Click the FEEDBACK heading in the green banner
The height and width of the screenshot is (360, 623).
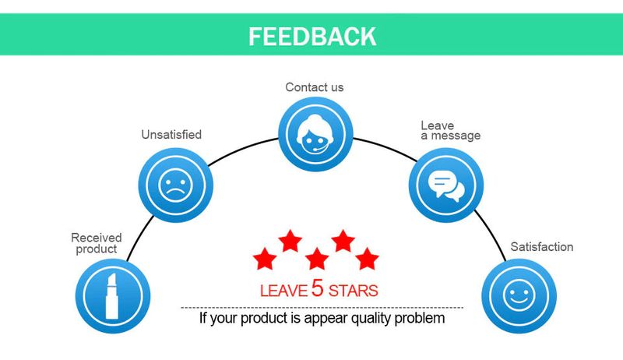coord(312,36)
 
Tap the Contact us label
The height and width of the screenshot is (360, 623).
coord(314,87)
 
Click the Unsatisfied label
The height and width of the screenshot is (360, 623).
coord(171,135)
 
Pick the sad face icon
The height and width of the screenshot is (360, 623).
coord(174,185)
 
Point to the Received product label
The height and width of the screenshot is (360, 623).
coord(97,243)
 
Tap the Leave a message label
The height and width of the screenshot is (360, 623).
coord(450,130)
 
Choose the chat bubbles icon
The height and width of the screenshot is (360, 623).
coord(446,185)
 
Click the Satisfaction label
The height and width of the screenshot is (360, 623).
coord(541,247)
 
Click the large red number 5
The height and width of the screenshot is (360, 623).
coord(317,288)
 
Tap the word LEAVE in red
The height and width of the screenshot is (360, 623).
coord(283,291)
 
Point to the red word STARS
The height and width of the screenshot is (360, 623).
coord(353,291)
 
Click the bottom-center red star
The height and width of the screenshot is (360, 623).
coord(316,258)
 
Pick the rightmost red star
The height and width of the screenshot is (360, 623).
coord(367,258)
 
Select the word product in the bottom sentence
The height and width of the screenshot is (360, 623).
coord(274,319)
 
